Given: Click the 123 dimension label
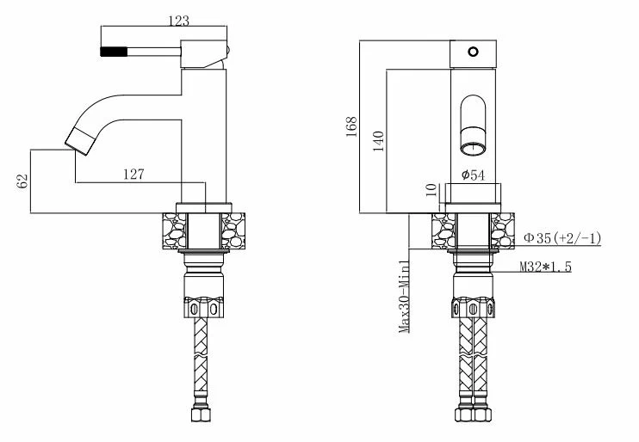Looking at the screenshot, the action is [x=179, y=21].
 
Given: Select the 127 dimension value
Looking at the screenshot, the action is [x=133, y=175].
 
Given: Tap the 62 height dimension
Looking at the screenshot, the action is [x=22, y=181].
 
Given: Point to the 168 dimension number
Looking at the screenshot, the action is [x=351, y=126].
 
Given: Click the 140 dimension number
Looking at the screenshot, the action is [x=379, y=141].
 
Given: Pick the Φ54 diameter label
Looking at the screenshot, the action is [x=473, y=175].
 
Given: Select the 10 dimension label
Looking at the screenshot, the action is [x=431, y=190].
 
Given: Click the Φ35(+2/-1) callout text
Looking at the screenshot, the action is [x=562, y=238].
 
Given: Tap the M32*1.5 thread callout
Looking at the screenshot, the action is [x=545, y=267].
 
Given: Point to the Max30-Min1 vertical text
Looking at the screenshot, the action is [x=404, y=297].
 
